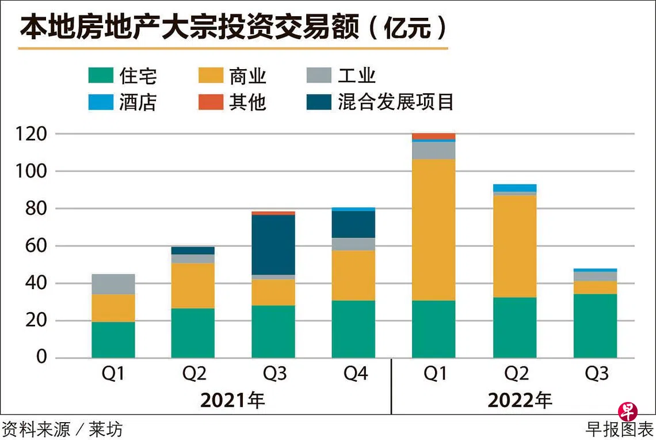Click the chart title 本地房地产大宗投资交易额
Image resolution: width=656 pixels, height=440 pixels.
(x=190, y=27)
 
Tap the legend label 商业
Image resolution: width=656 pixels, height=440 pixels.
(x=247, y=76)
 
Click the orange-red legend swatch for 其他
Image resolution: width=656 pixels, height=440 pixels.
(x=210, y=102)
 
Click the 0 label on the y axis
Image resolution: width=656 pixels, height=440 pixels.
(x=41, y=358)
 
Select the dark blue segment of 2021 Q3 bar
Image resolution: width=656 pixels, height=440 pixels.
(x=273, y=245)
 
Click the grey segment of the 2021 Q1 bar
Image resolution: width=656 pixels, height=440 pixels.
(x=113, y=284)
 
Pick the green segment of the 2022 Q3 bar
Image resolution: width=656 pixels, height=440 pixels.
(x=595, y=325)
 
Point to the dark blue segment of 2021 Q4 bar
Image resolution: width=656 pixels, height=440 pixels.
(x=353, y=224)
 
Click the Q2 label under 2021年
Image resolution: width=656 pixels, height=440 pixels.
(x=194, y=374)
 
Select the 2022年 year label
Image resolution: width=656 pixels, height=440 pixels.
(x=520, y=400)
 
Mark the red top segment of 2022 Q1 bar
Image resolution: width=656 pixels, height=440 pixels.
(x=434, y=136)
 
